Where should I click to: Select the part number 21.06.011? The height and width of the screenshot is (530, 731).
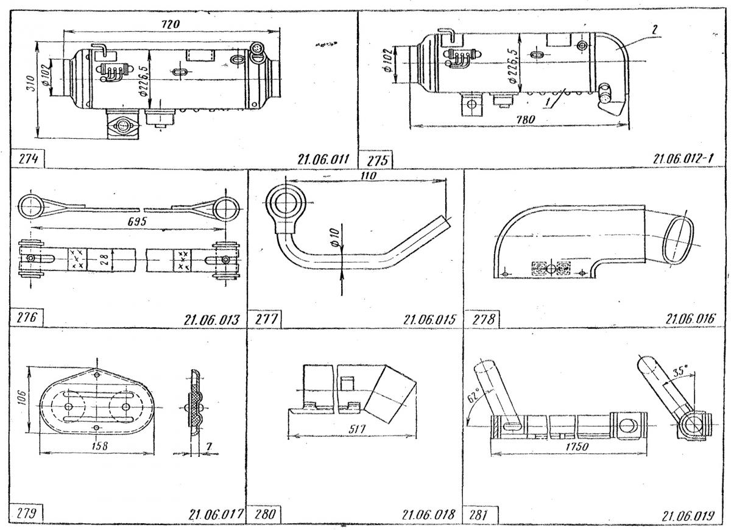pyautogui.click(x=322, y=160)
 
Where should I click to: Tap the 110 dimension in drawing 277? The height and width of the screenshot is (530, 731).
pyautogui.click(x=367, y=175)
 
